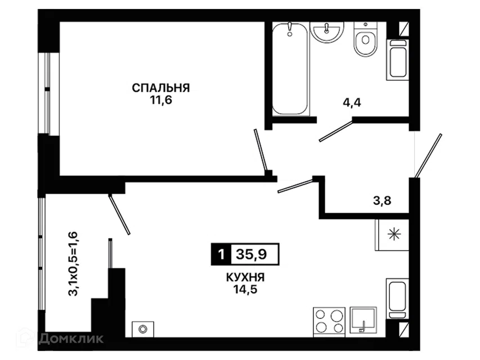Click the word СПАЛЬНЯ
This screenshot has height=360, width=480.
[161, 88]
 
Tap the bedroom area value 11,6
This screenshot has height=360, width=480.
[161, 100]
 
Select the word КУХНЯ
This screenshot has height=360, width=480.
[245, 277]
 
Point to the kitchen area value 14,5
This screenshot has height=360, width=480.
[245, 289]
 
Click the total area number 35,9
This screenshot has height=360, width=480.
[252, 254]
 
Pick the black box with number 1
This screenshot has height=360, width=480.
[221, 254]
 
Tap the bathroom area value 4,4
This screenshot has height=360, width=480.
[352, 102]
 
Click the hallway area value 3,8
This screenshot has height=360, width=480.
[382, 201]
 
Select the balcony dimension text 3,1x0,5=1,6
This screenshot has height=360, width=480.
[73, 264]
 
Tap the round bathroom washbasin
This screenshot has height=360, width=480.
[327, 31]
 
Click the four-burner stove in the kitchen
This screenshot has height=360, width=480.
[329, 322]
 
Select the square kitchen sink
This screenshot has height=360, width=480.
[364, 320]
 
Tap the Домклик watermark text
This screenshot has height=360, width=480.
[71, 338]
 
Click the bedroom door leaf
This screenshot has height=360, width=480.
[261, 150]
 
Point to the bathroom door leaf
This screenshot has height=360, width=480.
[336, 131]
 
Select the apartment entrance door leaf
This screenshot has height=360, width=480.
[428, 155]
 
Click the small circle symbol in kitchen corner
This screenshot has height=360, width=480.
[143, 330]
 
